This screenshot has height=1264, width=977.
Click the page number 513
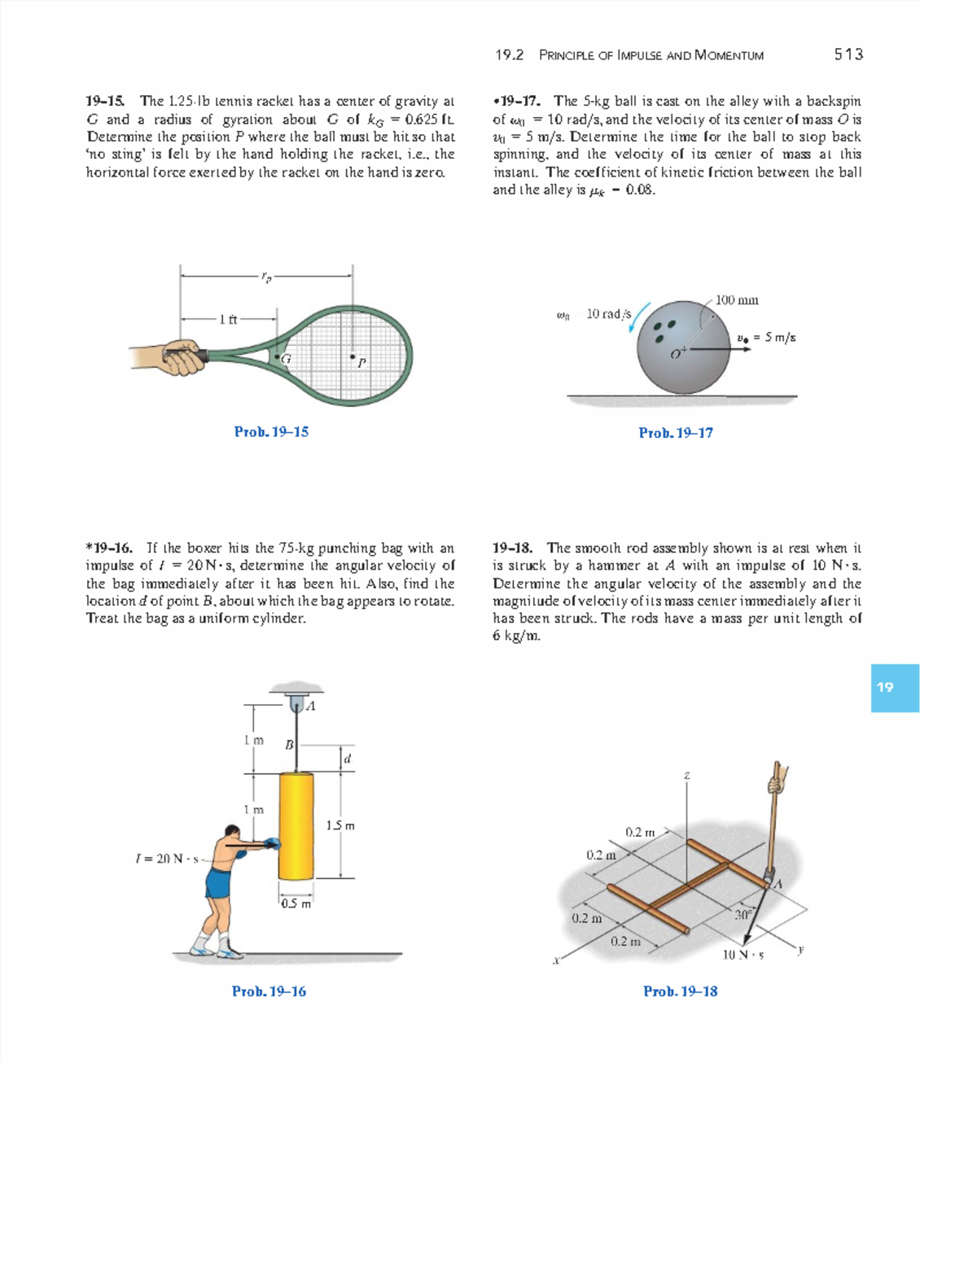848,55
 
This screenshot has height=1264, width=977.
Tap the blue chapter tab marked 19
894,688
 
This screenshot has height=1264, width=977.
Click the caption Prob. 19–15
271,431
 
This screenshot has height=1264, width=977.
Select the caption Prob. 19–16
269,991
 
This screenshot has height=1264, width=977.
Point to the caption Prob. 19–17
676,432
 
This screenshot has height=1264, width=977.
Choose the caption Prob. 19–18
680,991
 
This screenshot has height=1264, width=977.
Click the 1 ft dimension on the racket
228,319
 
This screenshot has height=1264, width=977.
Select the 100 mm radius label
737,300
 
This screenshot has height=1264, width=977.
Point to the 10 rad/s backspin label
608,314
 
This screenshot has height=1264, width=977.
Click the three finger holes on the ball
665,329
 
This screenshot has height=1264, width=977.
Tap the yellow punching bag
296,825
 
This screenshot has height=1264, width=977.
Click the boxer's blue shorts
220,882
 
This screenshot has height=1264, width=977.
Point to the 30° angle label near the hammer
742,914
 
